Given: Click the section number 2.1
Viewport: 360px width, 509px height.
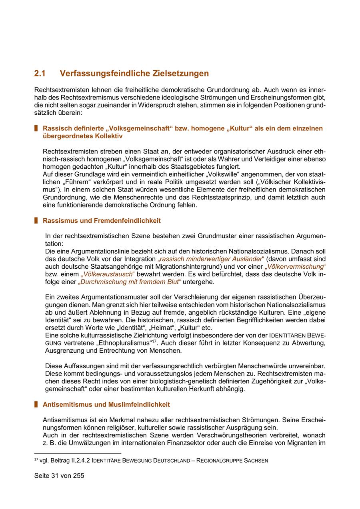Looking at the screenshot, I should (x=40, y=74).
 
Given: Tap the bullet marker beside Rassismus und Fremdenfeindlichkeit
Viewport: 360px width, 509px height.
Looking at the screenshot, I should (x=36, y=220).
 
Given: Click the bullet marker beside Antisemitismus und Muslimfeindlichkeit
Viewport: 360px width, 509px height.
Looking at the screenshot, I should (x=36, y=404).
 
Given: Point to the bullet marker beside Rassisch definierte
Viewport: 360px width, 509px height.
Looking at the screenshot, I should (x=36, y=128).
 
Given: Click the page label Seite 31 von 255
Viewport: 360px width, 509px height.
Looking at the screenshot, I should (x=59, y=476).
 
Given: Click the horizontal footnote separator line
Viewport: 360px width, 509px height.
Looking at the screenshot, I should (x=78, y=453).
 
